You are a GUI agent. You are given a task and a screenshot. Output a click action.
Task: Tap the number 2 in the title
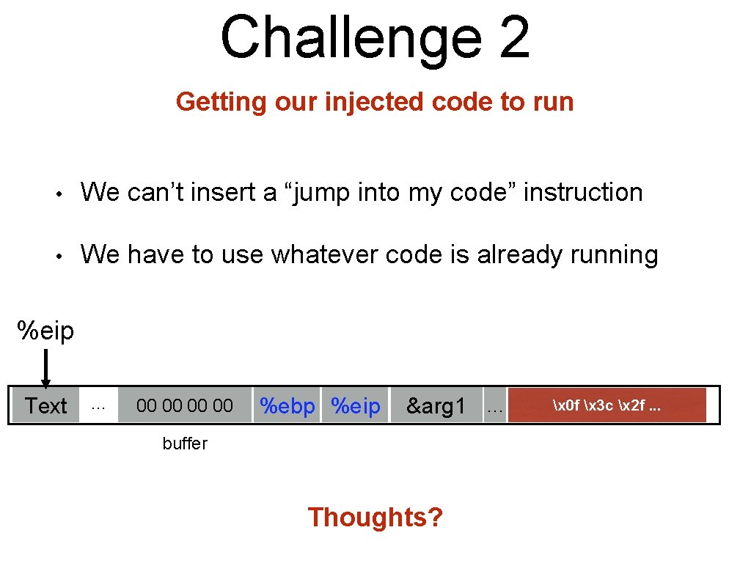pos(513,38)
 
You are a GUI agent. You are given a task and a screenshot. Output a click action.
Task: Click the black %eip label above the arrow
pos(46,331)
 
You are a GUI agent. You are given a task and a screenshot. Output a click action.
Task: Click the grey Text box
pos(45,405)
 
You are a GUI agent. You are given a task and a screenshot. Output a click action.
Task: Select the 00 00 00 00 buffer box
pos(185,405)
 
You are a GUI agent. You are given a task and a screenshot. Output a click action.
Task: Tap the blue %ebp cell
pos(287,405)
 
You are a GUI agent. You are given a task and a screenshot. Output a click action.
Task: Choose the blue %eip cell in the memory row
pos(356,405)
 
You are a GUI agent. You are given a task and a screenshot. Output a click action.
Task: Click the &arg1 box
pos(436,405)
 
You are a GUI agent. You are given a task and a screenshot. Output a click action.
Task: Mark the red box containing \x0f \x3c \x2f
pos(607,405)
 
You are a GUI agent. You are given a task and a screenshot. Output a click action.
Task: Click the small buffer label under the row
pos(185,444)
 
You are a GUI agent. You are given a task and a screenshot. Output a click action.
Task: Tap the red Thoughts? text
pos(375,517)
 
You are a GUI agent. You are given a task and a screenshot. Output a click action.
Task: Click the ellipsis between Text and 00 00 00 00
pos(98,405)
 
